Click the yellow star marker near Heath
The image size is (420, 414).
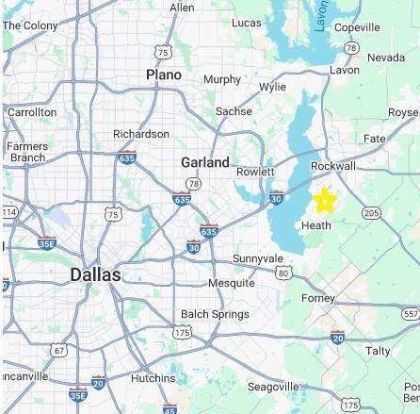[x=324, y=200]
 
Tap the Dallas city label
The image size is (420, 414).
[x=95, y=274]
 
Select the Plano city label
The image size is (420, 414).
[x=164, y=75]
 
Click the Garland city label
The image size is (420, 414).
[x=205, y=162]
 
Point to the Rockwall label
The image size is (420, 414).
[x=333, y=166]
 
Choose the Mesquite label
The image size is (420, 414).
[x=231, y=283]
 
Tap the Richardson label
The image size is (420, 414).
[x=141, y=134]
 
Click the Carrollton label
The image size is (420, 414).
[x=32, y=112]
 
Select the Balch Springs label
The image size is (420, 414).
[x=215, y=314]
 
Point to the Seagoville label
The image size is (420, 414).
[x=273, y=387]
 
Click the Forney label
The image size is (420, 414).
[x=318, y=298]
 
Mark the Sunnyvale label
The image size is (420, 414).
[x=257, y=258]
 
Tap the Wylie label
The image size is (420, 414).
[x=272, y=87]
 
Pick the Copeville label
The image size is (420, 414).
[x=357, y=27]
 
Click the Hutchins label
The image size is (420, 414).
[x=153, y=377]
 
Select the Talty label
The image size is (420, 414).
[x=378, y=350]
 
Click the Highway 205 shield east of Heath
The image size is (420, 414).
[x=371, y=213]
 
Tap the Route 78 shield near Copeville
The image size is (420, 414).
[x=351, y=48]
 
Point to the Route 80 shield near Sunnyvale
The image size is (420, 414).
[x=283, y=273]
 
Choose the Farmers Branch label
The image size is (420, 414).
[x=27, y=152]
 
